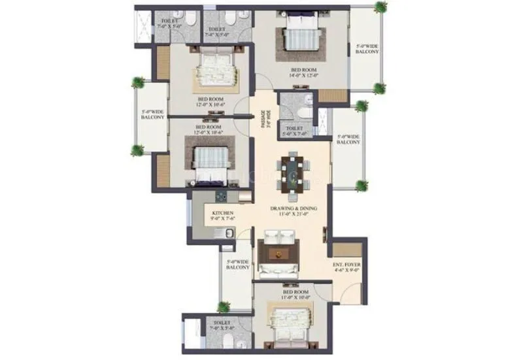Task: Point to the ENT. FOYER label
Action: [x=346, y=269]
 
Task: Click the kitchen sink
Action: [x=228, y=235]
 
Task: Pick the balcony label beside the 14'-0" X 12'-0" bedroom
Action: [x=367, y=50]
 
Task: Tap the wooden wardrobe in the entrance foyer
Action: [x=343, y=250]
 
